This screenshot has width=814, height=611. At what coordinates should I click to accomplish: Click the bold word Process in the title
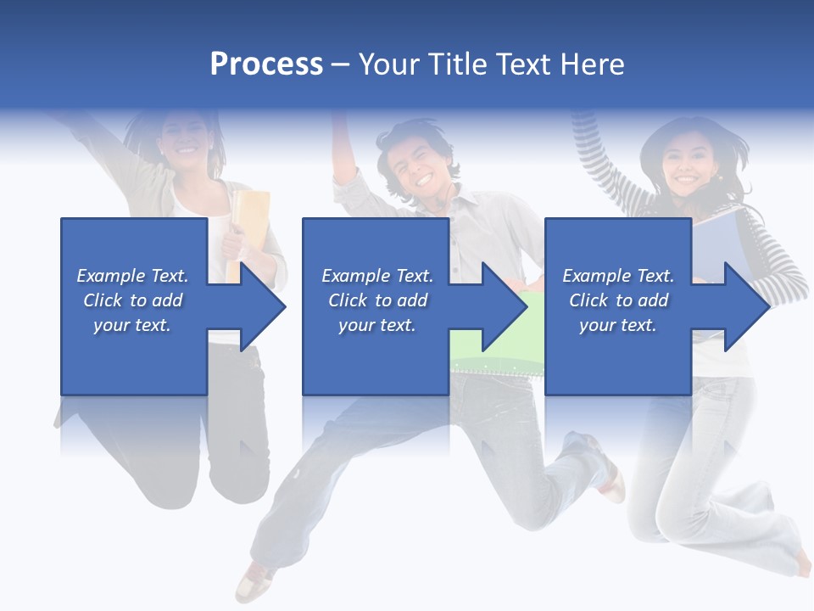pos(266,64)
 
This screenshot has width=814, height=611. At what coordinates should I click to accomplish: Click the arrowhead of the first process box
pos(260,306)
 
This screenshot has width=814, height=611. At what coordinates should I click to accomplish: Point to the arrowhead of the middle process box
pos(503,306)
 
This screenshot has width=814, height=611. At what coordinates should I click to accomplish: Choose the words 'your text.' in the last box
pos(617,325)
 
